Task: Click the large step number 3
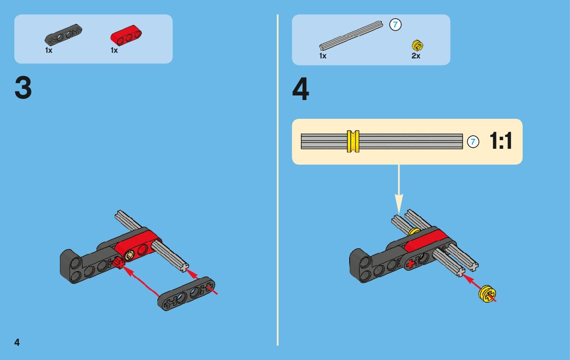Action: pyautogui.click(x=23, y=88)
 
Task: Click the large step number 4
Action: pyautogui.click(x=300, y=90)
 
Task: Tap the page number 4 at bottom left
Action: pyautogui.click(x=17, y=342)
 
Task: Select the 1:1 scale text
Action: pyautogui.click(x=501, y=141)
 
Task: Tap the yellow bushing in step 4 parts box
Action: pyautogui.click(x=418, y=45)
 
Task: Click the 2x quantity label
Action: pyautogui.click(x=416, y=56)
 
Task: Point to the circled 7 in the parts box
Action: pyautogui.click(x=395, y=24)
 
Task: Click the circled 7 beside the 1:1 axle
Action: pyautogui.click(x=473, y=142)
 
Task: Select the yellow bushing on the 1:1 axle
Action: pyautogui.click(x=353, y=141)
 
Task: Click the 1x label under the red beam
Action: pyautogui.click(x=114, y=51)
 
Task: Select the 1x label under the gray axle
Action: pyautogui.click(x=323, y=56)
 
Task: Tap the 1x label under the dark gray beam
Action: pyautogui.click(x=49, y=51)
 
